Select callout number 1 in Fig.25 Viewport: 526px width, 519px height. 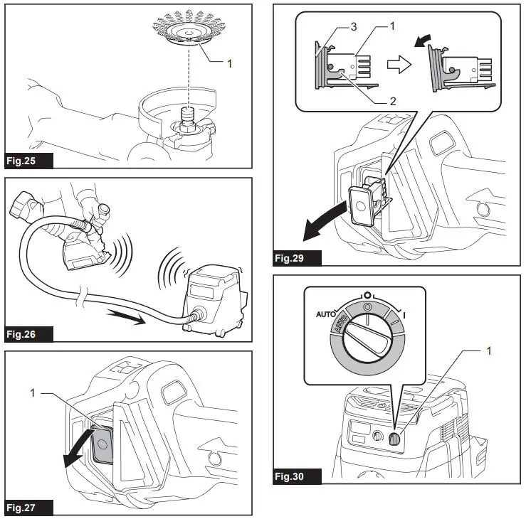[229, 63]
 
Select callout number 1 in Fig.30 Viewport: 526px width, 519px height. [488, 351]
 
